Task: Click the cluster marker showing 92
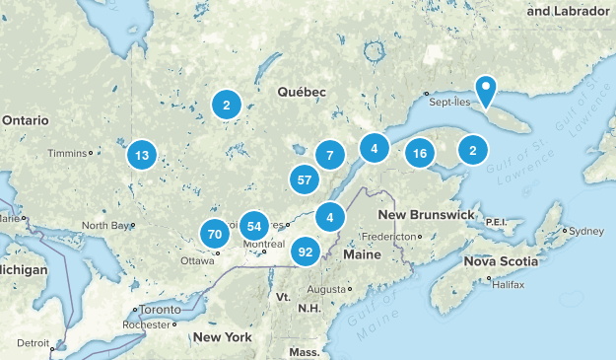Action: point(306,252)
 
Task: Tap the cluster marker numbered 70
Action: point(214,234)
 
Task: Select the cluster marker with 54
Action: point(254,225)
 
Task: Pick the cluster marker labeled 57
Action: point(305,180)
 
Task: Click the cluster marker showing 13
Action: point(143,155)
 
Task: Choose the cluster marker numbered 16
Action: point(420,153)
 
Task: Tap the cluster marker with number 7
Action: point(329,155)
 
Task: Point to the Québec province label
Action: point(301,92)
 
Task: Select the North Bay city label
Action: point(104,226)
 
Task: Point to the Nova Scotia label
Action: point(502,261)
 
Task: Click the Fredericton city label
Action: point(389,237)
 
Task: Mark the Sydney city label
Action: point(585,231)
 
